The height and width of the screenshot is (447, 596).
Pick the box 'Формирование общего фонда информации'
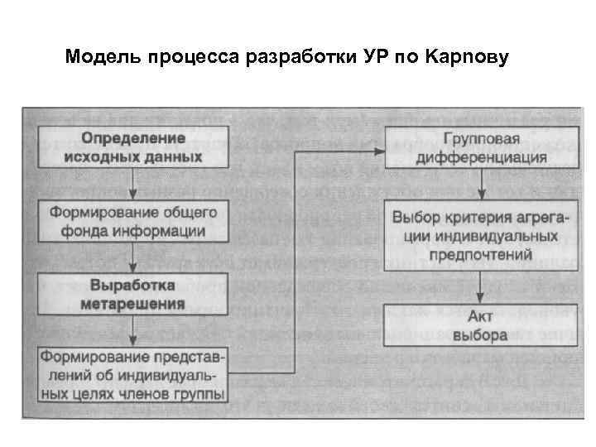(x=133, y=222)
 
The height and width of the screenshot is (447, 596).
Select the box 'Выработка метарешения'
(x=133, y=295)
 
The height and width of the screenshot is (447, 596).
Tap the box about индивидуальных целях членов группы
(x=133, y=374)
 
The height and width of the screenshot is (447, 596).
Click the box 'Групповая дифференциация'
(x=480, y=147)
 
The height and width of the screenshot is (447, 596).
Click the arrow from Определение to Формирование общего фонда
(x=133, y=183)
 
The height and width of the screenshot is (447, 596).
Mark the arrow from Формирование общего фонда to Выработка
(x=133, y=257)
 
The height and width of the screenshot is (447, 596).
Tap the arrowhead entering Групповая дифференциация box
(x=380, y=149)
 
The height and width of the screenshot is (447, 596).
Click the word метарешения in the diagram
(x=133, y=303)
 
